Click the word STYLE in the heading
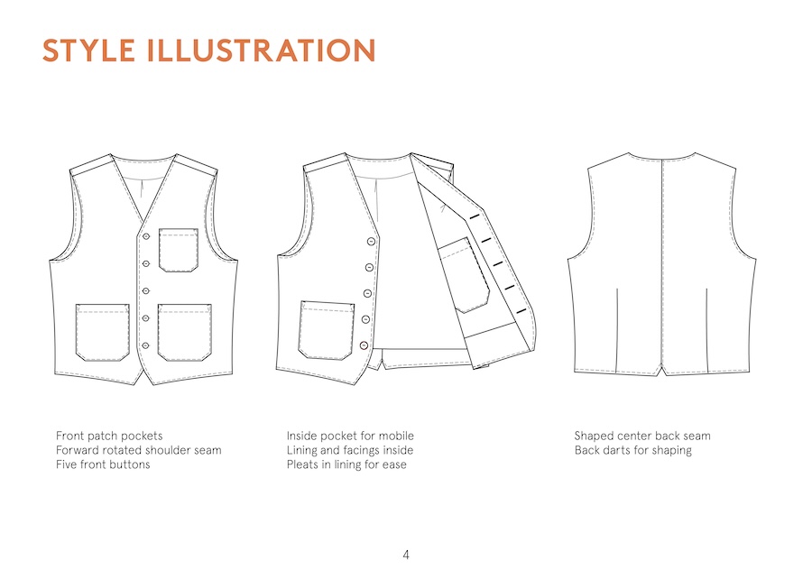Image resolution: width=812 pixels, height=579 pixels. (x=89, y=51)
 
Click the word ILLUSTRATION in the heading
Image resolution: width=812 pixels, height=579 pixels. (x=261, y=51)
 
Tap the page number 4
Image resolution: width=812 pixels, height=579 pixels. (x=406, y=556)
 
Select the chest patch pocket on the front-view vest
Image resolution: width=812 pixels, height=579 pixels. (x=178, y=250)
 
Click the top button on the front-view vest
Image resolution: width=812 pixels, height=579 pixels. (x=146, y=236)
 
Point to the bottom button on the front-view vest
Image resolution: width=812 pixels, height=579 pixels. (x=145, y=345)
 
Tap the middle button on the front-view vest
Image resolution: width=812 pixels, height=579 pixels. (x=146, y=290)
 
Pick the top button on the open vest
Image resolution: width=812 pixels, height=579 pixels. (x=371, y=242)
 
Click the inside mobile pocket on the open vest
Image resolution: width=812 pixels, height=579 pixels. (x=464, y=275)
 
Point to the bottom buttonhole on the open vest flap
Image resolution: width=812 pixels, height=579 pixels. (x=521, y=310)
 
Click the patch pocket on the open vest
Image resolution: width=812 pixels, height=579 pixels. (x=327, y=330)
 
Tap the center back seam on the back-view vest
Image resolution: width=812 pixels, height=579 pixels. (x=663, y=265)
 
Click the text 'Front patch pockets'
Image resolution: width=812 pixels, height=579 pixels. (x=109, y=437)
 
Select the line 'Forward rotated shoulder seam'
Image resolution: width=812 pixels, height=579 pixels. (x=139, y=450)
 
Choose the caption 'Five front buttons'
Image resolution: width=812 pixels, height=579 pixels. (x=103, y=464)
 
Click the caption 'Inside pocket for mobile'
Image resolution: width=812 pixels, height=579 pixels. (x=351, y=437)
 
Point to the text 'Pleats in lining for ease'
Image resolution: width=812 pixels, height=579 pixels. (x=347, y=464)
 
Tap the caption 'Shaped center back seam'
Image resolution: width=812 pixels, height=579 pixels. (x=642, y=437)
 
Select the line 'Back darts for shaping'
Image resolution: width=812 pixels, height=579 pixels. (x=633, y=451)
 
